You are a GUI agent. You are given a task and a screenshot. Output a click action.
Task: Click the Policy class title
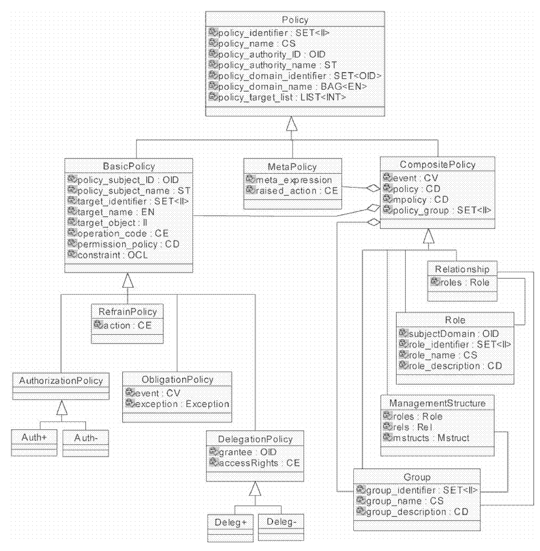tap(295, 20)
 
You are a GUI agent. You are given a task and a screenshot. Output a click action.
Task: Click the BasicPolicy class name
tap(129, 166)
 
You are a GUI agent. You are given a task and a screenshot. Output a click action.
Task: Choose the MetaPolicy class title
tap(292, 167)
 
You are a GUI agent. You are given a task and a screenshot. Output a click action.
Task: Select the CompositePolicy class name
tap(438, 164)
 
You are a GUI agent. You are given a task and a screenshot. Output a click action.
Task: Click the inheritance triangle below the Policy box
tap(292, 124)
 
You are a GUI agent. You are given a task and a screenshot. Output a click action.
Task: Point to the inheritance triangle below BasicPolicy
tap(128, 280)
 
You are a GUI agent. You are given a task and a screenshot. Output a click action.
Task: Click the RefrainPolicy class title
tap(127, 312)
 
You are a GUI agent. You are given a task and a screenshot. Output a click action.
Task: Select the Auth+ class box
tap(34, 443)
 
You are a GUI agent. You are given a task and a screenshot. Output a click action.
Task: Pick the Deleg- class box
tap(281, 527)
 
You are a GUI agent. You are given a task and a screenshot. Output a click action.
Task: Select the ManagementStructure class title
tap(437, 403)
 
